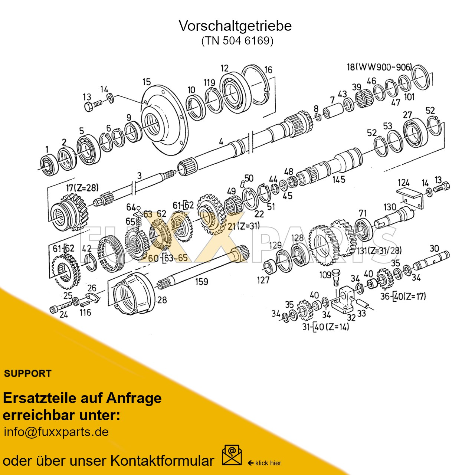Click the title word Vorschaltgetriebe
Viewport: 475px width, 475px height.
point(235,26)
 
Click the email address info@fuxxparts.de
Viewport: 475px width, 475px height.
point(56,432)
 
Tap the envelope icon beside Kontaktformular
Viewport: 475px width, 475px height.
point(232,455)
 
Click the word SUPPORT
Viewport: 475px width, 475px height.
point(27,373)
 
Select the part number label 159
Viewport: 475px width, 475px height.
point(202,282)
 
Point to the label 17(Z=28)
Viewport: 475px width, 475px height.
point(82,188)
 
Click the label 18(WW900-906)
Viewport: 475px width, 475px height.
point(379,67)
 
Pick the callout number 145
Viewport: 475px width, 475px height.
point(338,180)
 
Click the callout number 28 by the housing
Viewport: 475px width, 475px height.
point(162,299)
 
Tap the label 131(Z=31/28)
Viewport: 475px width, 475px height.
point(379,250)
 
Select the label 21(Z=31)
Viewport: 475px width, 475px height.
point(243,226)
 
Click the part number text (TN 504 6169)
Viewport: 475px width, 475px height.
point(237,40)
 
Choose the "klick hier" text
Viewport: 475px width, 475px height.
point(268,463)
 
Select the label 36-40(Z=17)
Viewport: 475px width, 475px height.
point(403,296)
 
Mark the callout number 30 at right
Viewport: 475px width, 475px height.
point(434,248)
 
